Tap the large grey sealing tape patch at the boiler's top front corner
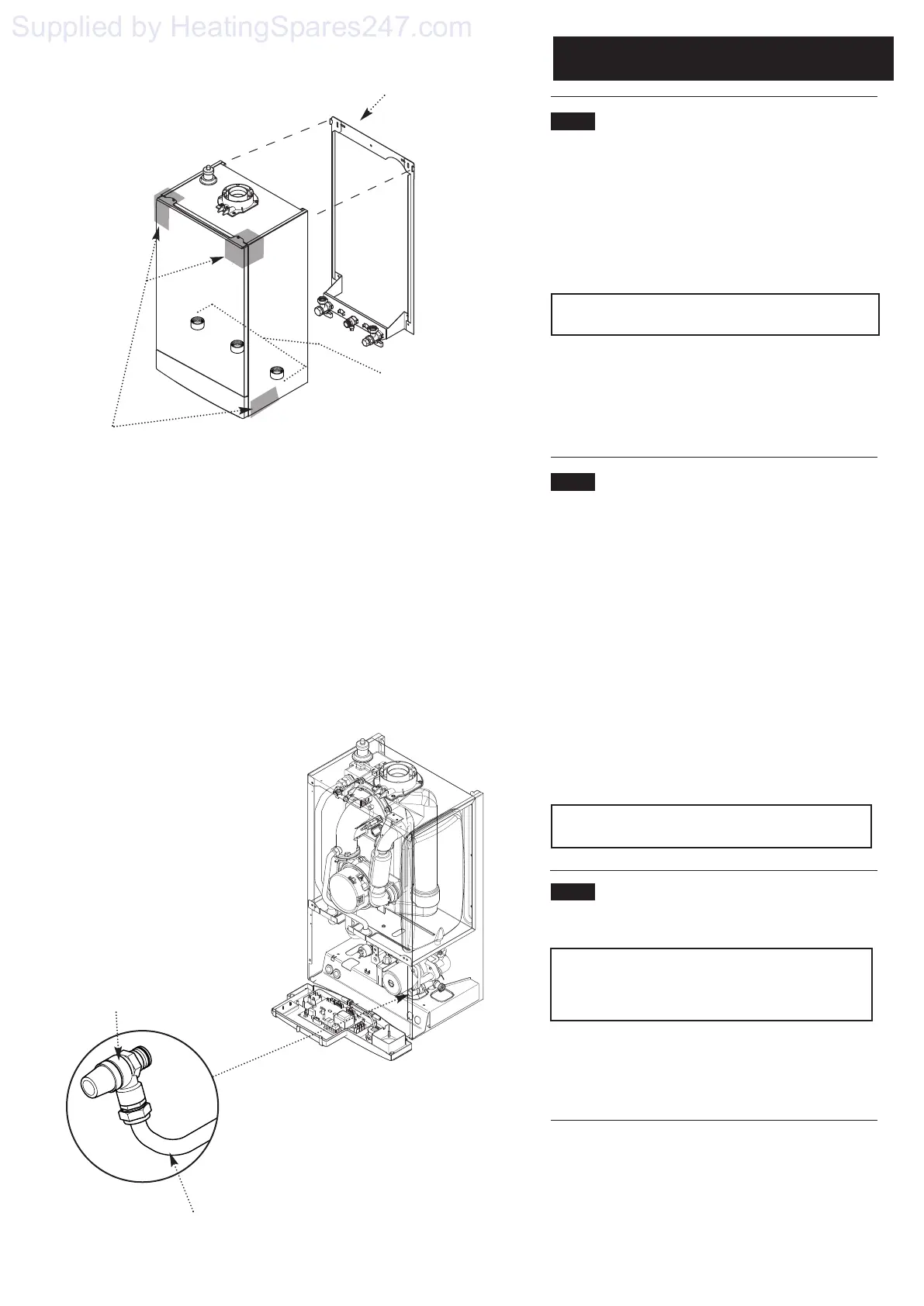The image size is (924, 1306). tap(244, 248)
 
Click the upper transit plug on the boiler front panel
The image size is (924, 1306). tap(199, 323)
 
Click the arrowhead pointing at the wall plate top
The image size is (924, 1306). tap(365, 117)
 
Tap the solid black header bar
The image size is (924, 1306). tap(723, 58)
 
